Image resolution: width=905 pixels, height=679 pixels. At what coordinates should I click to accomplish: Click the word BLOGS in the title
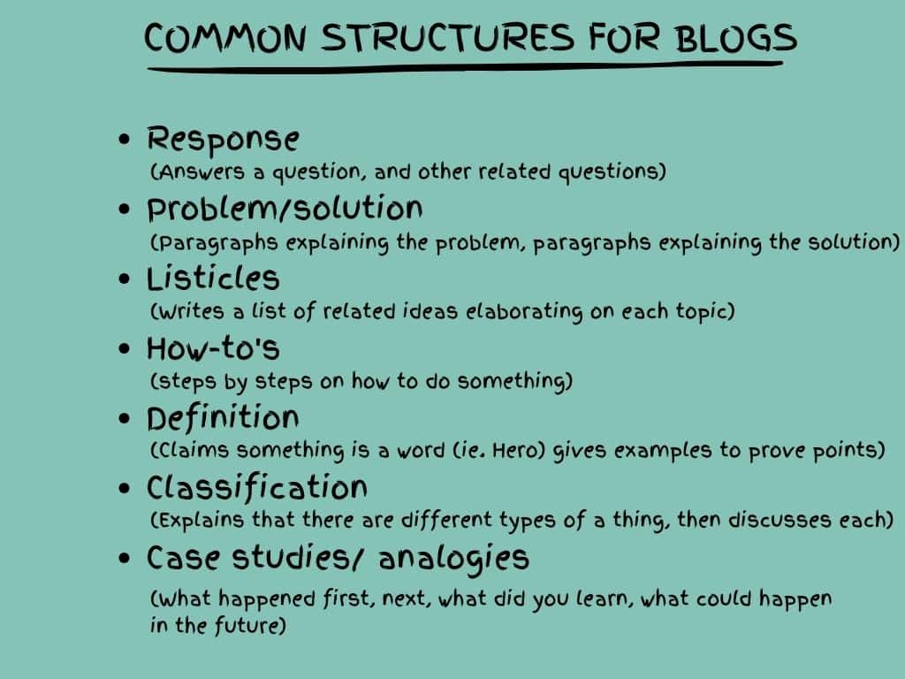pyautogui.click(x=736, y=38)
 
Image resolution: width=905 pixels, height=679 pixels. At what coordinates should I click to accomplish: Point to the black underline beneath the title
pyautogui.click(x=465, y=66)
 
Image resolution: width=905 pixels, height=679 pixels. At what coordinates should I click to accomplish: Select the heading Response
pyautogui.click(x=223, y=139)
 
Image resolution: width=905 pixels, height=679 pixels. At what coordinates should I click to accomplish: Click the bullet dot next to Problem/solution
pyautogui.click(x=124, y=209)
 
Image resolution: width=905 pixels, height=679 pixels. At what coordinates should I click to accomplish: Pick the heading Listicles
pyautogui.click(x=213, y=278)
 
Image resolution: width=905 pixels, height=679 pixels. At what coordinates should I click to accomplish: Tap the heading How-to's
pyautogui.click(x=213, y=348)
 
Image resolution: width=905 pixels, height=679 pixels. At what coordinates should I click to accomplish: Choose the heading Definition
pyautogui.click(x=223, y=418)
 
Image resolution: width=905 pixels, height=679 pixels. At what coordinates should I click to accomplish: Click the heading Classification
pyautogui.click(x=257, y=488)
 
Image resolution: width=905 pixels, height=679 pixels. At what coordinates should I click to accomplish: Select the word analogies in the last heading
pyautogui.click(x=453, y=559)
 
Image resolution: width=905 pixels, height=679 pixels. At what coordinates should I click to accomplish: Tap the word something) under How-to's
pyautogui.click(x=514, y=382)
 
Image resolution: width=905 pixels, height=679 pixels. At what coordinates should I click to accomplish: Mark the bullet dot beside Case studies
pyautogui.click(x=124, y=559)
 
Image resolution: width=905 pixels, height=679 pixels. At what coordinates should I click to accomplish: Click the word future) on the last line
pyautogui.click(x=250, y=625)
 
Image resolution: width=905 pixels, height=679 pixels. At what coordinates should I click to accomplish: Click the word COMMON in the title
pyautogui.click(x=224, y=38)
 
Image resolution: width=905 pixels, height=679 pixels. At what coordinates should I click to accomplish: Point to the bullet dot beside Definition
pyautogui.click(x=124, y=418)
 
